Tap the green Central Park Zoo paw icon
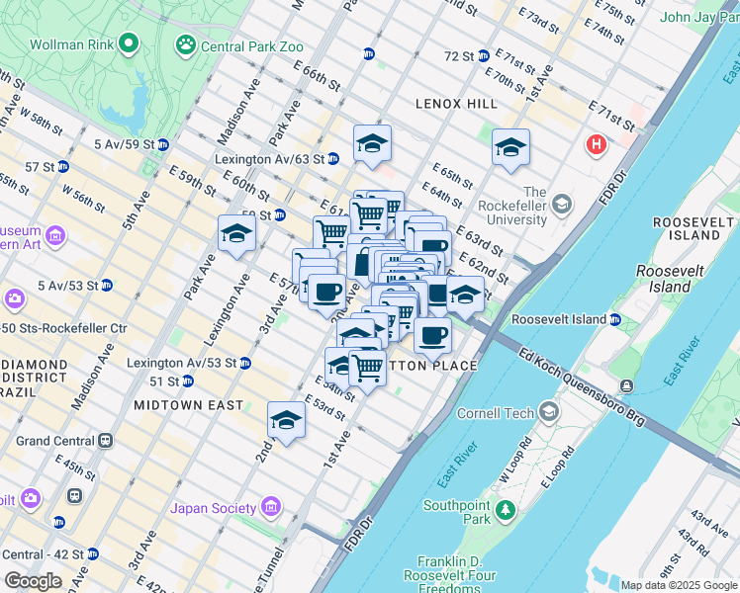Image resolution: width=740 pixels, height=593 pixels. [185, 44]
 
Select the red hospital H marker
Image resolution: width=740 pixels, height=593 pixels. [596, 145]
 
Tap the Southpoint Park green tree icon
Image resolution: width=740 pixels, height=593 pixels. [507, 510]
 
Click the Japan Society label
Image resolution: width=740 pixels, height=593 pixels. [215, 509]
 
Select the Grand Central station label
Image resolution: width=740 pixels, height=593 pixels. [55, 441]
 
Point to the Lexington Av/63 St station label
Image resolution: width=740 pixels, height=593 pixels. [270, 159]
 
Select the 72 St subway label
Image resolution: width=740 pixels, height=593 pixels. [459, 56]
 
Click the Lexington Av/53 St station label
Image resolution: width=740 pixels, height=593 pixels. [181, 363]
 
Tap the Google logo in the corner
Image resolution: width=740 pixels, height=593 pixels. [33, 581]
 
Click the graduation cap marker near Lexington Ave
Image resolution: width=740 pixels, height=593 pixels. [237, 233]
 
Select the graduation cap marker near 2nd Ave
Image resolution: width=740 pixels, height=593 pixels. [287, 419]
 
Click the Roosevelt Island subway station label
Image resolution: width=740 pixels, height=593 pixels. [559, 320]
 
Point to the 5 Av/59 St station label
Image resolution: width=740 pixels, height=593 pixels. [125, 144]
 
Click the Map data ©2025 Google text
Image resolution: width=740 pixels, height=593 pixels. [678, 585]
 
